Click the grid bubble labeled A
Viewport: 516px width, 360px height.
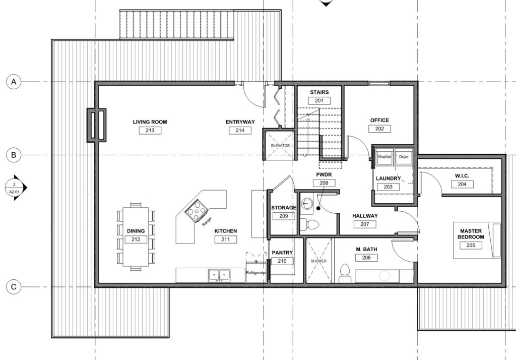tap(14, 82)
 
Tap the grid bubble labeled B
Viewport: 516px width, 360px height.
tap(14, 155)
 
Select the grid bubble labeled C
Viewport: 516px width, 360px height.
tap(14, 286)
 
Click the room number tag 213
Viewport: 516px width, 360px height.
tap(150, 131)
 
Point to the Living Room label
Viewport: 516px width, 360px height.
tap(150, 122)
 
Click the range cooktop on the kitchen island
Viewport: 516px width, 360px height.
tap(197, 210)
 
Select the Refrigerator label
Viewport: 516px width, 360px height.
tap(256, 273)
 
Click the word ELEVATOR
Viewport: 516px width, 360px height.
tap(280, 146)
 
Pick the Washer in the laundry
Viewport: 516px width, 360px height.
tap(384, 157)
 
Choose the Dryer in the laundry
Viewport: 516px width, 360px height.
tap(404, 157)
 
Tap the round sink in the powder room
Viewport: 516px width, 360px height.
tap(307, 204)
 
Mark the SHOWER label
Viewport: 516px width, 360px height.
tap(318, 261)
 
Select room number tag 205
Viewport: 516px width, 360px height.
tap(471, 246)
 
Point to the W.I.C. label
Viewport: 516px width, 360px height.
tap(462, 176)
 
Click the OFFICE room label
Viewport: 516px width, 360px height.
tap(379, 121)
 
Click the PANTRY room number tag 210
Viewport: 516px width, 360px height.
tap(282, 261)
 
